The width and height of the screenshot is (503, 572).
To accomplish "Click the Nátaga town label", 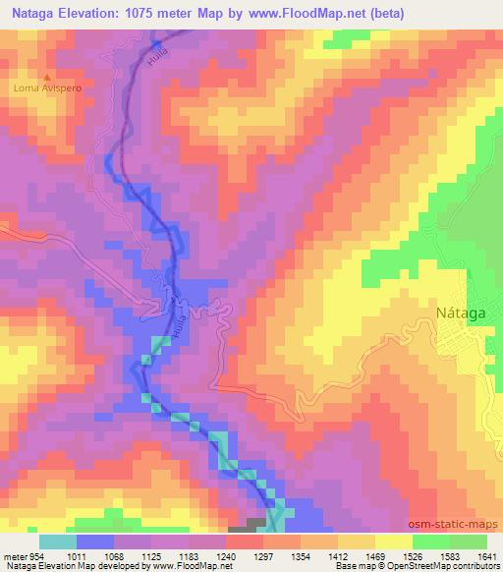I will click(459, 315).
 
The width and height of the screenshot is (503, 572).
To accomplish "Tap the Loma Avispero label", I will click(45, 87).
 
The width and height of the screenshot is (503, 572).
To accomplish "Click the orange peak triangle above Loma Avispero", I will click(45, 76).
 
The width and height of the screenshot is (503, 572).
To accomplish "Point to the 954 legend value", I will click(36, 555).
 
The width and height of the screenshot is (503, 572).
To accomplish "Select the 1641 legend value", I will click(485, 555).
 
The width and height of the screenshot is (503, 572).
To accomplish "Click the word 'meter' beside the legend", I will click(14, 555).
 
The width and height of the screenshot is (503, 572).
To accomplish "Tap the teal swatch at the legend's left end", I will click(57, 542).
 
